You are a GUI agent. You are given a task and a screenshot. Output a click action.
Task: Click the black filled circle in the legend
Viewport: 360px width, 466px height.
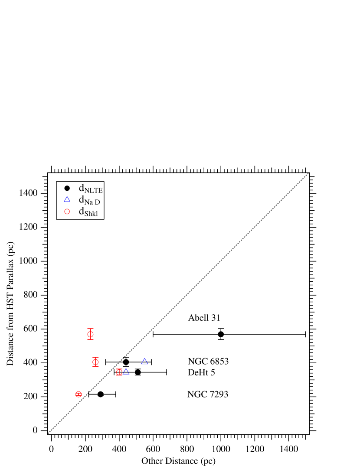coord(67,188)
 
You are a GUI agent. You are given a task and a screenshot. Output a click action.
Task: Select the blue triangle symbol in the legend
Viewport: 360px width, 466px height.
coord(67,199)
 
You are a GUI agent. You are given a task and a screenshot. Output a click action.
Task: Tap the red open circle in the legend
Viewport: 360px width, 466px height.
coord(67,212)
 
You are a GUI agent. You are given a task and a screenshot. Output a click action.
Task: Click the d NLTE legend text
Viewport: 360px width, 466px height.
coord(90,189)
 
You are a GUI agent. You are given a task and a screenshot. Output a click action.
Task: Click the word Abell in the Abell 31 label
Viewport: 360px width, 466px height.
coord(198,318)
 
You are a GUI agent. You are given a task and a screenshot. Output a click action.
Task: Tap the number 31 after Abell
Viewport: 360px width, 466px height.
coord(215,318)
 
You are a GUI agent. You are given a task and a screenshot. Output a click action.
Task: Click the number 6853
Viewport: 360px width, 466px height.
coord(219,362)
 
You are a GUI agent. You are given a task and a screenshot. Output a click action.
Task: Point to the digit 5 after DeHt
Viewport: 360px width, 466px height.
coord(213,373)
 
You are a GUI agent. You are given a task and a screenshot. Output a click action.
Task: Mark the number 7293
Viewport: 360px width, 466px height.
coord(219,394)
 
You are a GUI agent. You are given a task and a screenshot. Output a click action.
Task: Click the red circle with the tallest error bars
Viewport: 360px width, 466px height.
coord(90,334)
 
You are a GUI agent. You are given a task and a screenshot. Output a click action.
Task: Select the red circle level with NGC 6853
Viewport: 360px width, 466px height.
coord(95,362)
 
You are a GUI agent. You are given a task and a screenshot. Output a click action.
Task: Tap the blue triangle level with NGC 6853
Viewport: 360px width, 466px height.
coord(144,362)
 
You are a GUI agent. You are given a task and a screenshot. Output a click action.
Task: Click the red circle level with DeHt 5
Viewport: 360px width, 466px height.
coord(119,372)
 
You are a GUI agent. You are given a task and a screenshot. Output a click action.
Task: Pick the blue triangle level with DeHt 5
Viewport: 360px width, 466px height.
coord(126,371)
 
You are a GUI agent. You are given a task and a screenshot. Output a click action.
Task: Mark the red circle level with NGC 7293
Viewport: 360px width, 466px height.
coord(79,394)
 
